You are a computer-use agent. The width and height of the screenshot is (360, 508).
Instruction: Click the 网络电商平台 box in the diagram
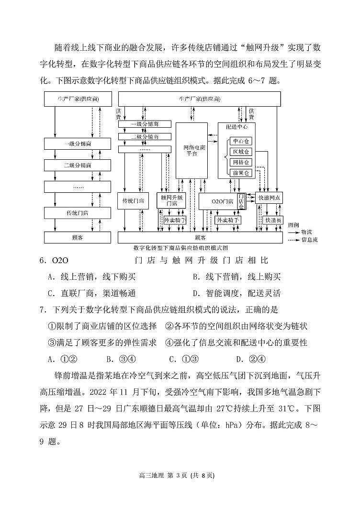coord(191,150)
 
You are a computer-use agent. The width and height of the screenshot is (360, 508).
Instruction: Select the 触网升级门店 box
coord(172,200)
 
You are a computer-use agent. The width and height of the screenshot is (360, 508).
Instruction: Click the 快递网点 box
coord(270,198)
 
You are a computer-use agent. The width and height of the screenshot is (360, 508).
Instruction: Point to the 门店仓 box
coord(242,201)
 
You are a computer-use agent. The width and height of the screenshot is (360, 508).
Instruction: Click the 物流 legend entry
coord(306,231)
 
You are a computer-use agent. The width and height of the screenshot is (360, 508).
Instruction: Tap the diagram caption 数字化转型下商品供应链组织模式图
coord(180,248)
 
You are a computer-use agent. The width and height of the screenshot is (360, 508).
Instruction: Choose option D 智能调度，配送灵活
coord(236,293)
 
